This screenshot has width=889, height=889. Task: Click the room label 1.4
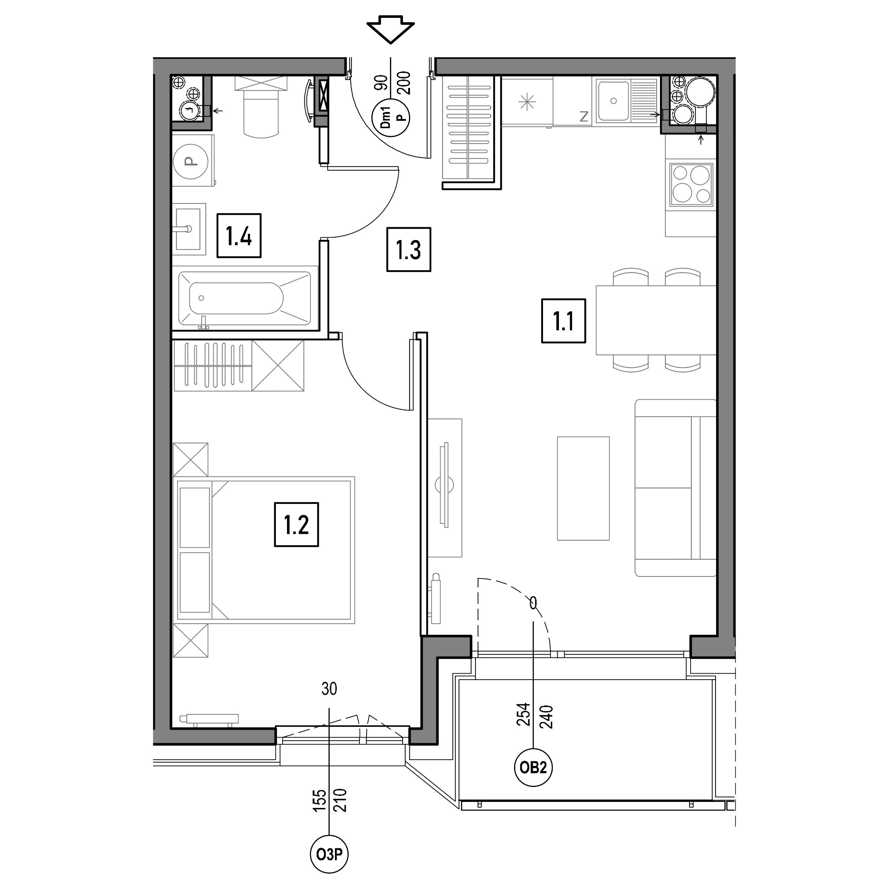[x=239, y=236]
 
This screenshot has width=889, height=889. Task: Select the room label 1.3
[x=409, y=249]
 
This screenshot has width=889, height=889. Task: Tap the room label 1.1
[x=563, y=321]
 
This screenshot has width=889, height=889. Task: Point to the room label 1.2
[x=296, y=525]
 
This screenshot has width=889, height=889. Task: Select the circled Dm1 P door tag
[x=390, y=118]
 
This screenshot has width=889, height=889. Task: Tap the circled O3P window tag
[x=329, y=855]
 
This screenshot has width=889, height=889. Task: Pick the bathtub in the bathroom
[x=245, y=298]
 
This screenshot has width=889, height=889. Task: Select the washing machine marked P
[x=193, y=161]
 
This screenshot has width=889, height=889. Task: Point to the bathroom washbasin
[x=189, y=229]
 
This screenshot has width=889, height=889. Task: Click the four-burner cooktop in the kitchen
[x=691, y=185]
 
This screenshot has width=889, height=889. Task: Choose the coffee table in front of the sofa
[x=583, y=488]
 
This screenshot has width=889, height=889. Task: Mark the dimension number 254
[x=524, y=715]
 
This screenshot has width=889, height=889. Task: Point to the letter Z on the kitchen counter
[x=584, y=117]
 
